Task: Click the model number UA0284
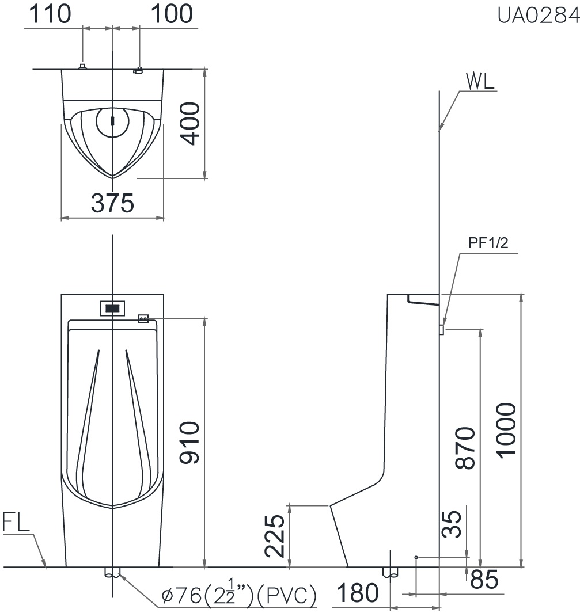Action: pyautogui.click(x=539, y=16)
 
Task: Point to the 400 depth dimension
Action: pyautogui.click(x=189, y=124)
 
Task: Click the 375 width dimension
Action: pyautogui.click(x=112, y=203)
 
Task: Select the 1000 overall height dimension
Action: pyautogui.click(x=506, y=431)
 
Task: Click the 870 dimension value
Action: pyautogui.click(x=465, y=448)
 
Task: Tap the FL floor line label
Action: pyautogui.click(x=16, y=524)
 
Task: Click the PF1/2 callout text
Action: pyautogui.click(x=488, y=243)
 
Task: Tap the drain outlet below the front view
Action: pyautogui.click(x=112, y=573)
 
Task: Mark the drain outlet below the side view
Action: pyautogui.click(x=391, y=572)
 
